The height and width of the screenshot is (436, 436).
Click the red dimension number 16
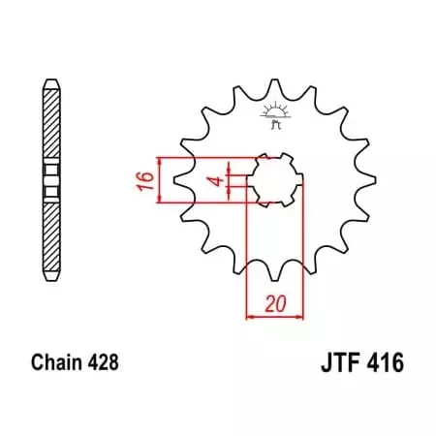pyautogui.click(x=141, y=180)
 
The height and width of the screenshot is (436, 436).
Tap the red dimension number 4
pyautogui.click(x=220, y=180)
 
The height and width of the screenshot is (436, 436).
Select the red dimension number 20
pyautogui.click(x=276, y=303)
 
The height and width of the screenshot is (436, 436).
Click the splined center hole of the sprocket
pyautogui.click(x=275, y=180)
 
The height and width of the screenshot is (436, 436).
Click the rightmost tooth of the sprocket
pyautogui.click(x=369, y=180)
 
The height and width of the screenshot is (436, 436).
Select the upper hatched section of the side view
pyautogui.click(x=51, y=122)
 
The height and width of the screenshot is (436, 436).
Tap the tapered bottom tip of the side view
pyautogui.click(x=51, y=282)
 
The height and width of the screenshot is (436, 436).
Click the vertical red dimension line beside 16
pyautogui.click(x=158, y=180)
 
